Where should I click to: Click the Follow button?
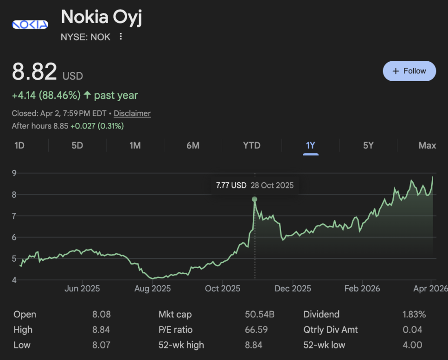click(x=409, y=71)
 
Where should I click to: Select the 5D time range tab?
click(x=77, y=145)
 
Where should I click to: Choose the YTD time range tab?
click(x=252, y=145)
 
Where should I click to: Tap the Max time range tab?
click(x=427, y=145)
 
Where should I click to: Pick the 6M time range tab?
click(x=193, y=145)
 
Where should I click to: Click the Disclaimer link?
click(x=132, y=113)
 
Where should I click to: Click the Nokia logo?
click(x=30, y=25)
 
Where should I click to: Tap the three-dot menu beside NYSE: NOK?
click(x=121, y=37)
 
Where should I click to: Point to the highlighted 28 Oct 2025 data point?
click(x=254, y=199)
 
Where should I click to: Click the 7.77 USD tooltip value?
click(x=231, y=186)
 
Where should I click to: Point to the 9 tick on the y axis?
click(x=15, y=173)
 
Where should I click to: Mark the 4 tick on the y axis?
click(x=15, y=280)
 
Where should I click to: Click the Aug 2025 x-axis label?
click(x=152, y=289)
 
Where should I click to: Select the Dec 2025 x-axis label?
click(x=292, y=289)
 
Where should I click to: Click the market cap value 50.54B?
click(x=260, y=315)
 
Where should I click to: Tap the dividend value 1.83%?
click(x=414, y=315)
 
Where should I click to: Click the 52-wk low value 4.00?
click(x=412, y=345)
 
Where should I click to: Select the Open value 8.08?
click(x=102, y=315)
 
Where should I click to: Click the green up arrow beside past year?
click(x=87, y=95)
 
